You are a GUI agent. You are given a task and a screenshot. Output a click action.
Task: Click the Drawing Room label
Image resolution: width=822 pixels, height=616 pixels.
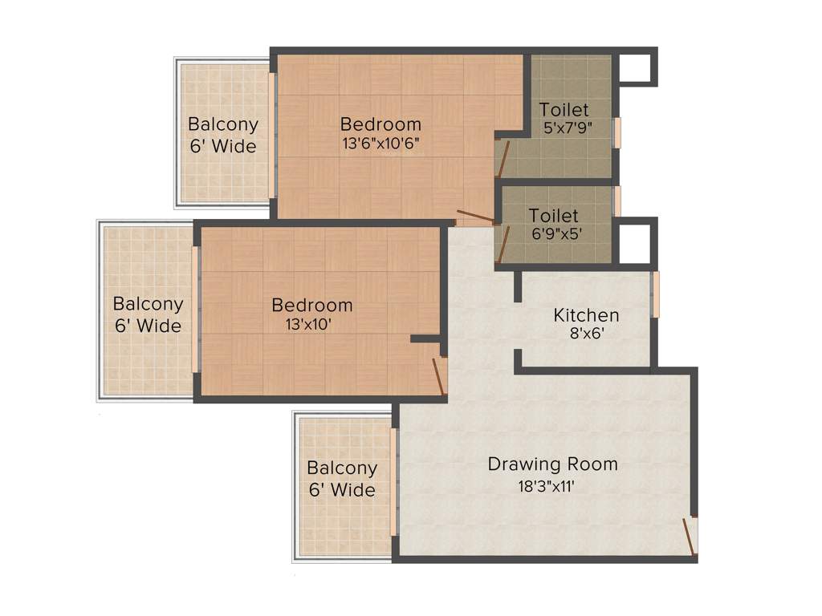pyautogui.click(x=552, y=464)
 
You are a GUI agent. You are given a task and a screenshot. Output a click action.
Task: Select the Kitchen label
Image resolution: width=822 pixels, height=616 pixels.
pyautogui.click(x=586, y=315)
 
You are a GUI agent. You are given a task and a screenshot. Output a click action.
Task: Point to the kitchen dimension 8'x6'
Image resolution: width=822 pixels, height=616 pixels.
pyautogui.click(x=586, y=333)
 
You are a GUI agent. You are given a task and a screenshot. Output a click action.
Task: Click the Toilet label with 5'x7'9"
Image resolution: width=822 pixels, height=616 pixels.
pyautogui.click(x=564, y=109)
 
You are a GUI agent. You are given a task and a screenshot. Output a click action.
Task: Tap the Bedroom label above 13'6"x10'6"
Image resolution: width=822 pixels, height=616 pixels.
pyautogui.click(x=380, y=124)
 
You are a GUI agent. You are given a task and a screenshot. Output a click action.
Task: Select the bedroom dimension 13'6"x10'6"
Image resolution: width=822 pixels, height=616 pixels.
pyautogui.click(x=380, y=144)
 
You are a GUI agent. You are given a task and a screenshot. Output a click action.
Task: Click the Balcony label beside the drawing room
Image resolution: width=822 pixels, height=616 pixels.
pyautogui.click(x=341, y=468)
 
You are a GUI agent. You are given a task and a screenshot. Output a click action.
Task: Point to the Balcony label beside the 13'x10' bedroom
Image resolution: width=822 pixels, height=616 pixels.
pyautogui.click(x=148, y=305)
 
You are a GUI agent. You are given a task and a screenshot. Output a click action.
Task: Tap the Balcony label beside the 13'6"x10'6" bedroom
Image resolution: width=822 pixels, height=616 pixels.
pyautogui.click(x=223, y=125)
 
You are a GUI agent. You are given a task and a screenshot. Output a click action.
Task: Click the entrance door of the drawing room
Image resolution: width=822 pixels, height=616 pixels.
pyautogui.click(x=690, y=536)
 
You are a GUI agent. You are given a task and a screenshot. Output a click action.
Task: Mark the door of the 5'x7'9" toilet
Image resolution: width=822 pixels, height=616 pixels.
pyautogui.click(x=502, y=159)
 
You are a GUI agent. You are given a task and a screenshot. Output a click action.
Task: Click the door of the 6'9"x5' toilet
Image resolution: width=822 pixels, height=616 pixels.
pyautogui.click(x=503, y=245)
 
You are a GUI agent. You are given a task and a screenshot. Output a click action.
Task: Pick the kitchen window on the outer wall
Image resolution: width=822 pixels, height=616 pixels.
pyautogui.click(x=655, y=294)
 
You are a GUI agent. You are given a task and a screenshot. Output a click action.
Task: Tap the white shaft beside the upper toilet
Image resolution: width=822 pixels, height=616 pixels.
pyautogui.click(x=637, y=69)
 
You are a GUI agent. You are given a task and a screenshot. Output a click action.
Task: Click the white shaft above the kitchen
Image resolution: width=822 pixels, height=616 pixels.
pyautogui.click(x=636, y=243)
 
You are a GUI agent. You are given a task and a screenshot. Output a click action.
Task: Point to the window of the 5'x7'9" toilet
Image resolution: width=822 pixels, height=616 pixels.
pyautogui.click(x=617, y=132)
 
